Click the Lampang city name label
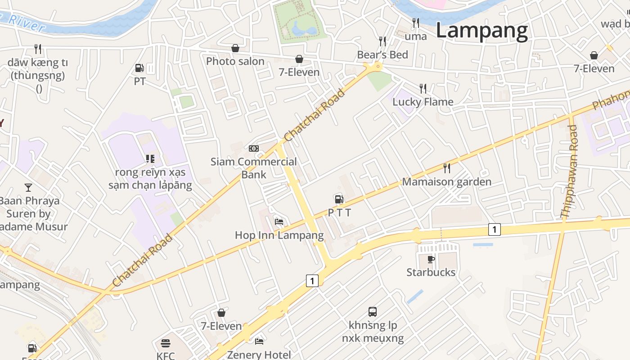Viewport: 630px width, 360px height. [481, 31]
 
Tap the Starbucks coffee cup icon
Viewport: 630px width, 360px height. [431, 259]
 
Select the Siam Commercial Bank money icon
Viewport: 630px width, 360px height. [254, 148]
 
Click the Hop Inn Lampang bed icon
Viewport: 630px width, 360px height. [279, 222]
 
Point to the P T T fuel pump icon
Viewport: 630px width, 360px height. [339, 199]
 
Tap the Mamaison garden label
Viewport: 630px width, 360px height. [446, 182]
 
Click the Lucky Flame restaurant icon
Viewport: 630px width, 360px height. [423, 88]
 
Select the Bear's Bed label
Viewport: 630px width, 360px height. [382, 55]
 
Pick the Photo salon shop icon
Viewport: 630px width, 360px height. [235, 48]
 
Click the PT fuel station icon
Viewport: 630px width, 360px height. [139, 68]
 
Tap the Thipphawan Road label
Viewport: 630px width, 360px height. [569, 171]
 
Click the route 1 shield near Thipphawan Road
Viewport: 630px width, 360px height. [494, 229]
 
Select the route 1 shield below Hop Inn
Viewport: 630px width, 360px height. [312, 281]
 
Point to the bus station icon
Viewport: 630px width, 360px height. [373, 311]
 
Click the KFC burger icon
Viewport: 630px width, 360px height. [166, 343]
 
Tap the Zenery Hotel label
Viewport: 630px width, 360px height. [259, 355]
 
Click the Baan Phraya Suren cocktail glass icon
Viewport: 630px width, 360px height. [28, 188]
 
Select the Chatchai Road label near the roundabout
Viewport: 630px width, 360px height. [315, 115]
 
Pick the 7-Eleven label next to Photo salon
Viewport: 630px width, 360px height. [299, 72]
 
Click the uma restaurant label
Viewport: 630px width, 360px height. [415, 36]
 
